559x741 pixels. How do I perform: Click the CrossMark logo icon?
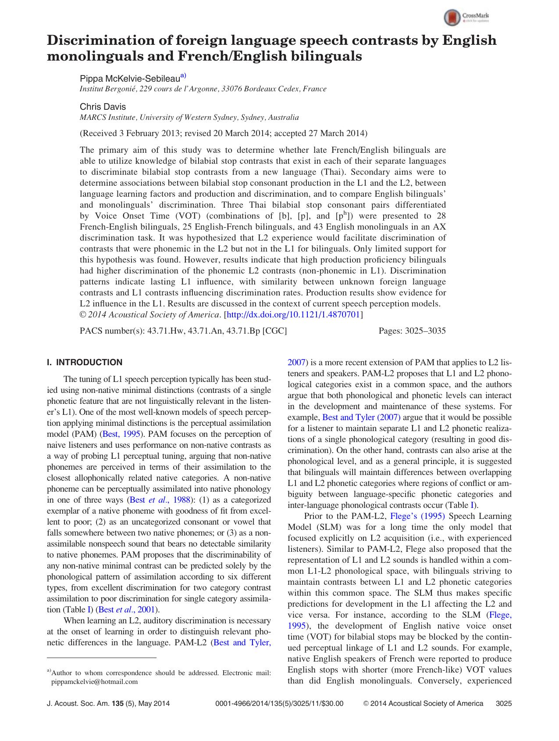point(452,18)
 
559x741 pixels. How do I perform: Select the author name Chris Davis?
point(103,107)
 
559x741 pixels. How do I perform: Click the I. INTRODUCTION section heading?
point(85,362)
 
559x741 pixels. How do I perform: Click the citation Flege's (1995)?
point(417,516)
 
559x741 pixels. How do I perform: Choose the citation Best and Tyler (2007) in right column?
point(361,417)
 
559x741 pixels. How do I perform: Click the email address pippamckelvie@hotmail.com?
point(94,682)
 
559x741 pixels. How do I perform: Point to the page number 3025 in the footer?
point(503,703)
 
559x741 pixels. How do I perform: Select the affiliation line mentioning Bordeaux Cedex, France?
point(203,89)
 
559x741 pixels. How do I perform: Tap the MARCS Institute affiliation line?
point(189,117)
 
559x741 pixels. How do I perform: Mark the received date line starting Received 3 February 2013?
point(223,133)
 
